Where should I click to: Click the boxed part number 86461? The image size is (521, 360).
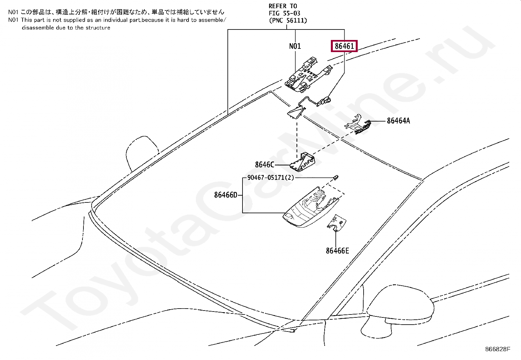pyautogui.click(x=344, y=46)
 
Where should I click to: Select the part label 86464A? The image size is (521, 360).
pyautogui.click(x=398, y=121)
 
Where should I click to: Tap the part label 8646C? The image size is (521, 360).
pyautogui.click(x=264, y=165)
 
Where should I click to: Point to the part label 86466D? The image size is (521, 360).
pyautogui.click(x=225, y=195)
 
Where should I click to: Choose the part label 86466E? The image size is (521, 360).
pyautogui.click(x=337, y=251)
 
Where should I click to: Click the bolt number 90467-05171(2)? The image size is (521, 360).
pyautogui.click(x=271, y=178)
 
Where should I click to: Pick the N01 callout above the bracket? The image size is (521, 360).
pyautogui.click(x=295, y=46)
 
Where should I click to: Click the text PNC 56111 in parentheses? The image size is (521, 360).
pyautogui.click(x=288, y=21)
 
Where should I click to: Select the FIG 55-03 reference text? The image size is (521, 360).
pyautogui.click(x=284, y=13)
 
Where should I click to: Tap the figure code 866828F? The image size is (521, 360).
pyautogui.click(x=497, y=349)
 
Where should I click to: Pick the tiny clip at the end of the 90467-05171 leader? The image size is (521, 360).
pyautogui.click(x=336, y=177)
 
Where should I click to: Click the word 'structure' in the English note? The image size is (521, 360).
pyautogui.click(x=98, y=28)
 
